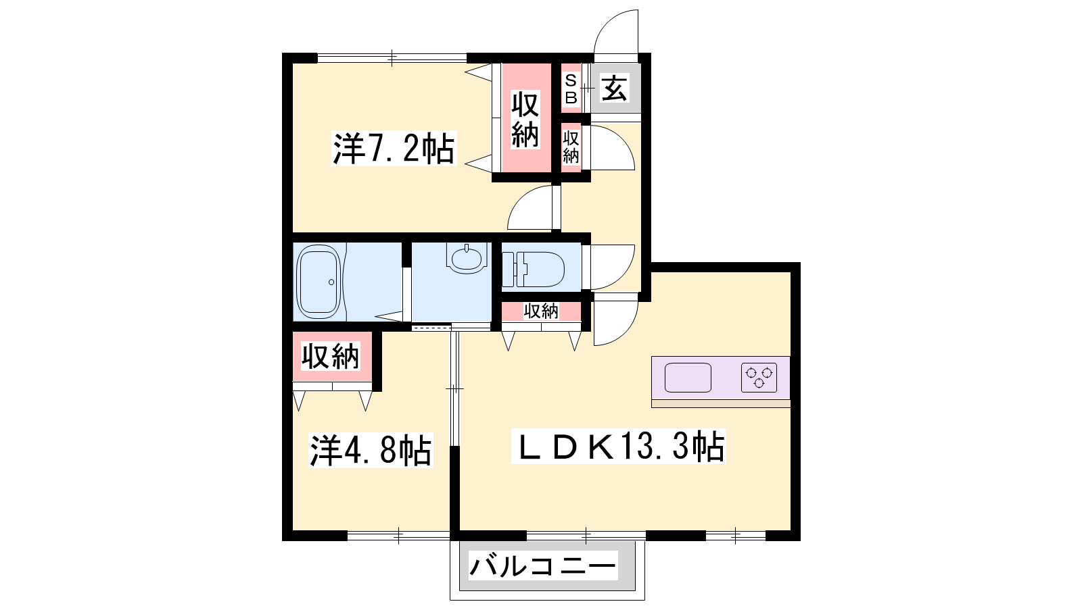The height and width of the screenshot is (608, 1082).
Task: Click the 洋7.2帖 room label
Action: pyautogui.click(x=394, y=149)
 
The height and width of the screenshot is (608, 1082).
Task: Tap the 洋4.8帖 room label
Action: pyautogui.click(x=371, y=450)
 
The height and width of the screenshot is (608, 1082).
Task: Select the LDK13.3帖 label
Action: pyautogui.click(x=618, y=447)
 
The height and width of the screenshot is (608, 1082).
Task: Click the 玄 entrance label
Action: pyautogui.click(x=615, y=88)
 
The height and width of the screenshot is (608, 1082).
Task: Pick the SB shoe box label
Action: pyautogui.click(x=571, y=88)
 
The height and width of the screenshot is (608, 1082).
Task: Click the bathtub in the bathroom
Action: pyautogui.click(x=319, y=282)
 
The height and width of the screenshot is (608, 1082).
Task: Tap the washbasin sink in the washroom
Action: pyautogui.click(x=467, y=257)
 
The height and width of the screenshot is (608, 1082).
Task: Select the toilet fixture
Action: pyautogui.click(x=534, y=270)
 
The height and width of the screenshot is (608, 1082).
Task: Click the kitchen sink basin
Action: pyautogui.click(x=688, y=378)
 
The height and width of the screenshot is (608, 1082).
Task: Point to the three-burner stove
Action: pyautogui.click(x=759, y=377)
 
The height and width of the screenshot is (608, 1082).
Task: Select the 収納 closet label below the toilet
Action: pyautogui.click(x=541, y=311)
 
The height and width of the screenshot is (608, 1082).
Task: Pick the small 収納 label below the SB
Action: pyautogui.click(x=571, y=147)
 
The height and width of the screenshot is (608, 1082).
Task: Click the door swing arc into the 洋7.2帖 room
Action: pyautogui.click(x=521, y=199)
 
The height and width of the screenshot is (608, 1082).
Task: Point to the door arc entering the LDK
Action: pyautogui.click(x=626, y=333)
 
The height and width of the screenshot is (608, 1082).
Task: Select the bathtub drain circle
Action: pyautogui.click(x=331, y=282)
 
